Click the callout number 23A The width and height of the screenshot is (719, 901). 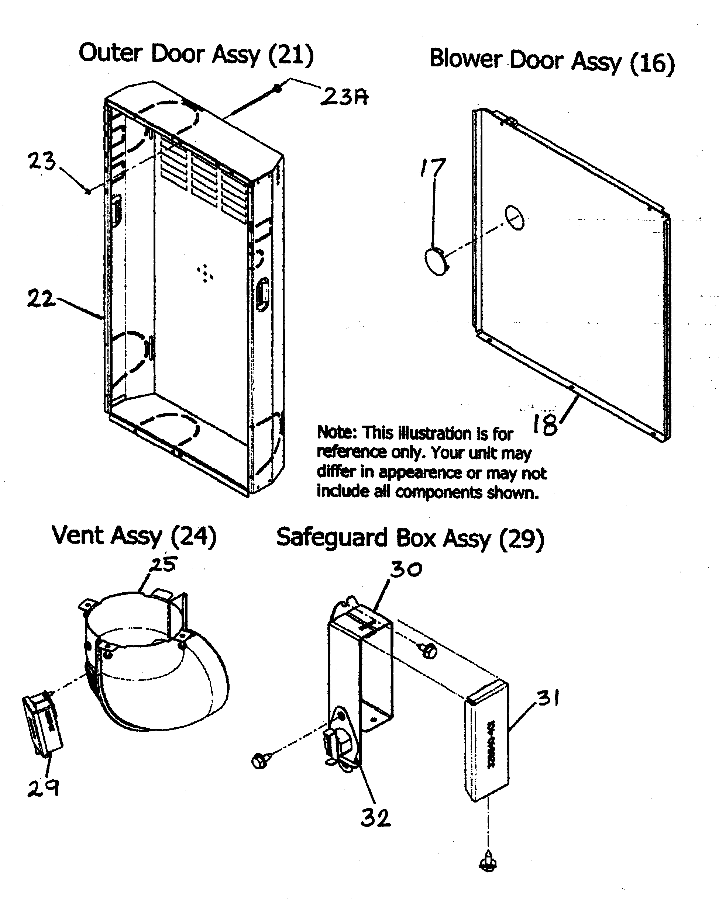tap(344, 97)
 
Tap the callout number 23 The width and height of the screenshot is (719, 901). tap(41, 161)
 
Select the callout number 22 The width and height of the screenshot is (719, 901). tap(40, 298)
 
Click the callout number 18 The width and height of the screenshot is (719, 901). tap(545, 424)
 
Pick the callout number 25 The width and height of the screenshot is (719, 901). tap(164, 565)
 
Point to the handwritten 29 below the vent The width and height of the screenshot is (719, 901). tap(43, 788)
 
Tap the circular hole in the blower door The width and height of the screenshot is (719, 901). tap(515, 217)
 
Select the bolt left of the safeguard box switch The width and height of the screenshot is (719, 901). tap(260, 759)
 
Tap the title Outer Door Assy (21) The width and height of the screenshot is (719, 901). tap(196, 54)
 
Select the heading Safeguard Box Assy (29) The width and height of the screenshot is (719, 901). tap(410, 538)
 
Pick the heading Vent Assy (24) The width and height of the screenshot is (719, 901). tap(134, 536)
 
